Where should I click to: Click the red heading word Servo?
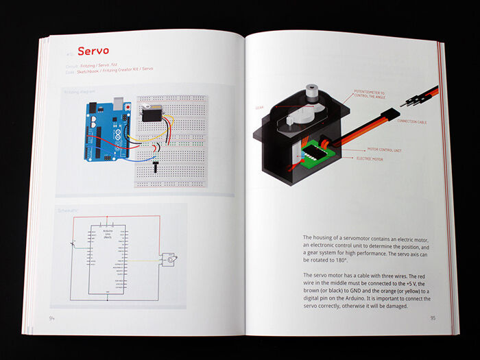(x=94, y=51)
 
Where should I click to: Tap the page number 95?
(x=433, y=317)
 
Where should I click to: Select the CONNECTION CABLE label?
(x=412, y=121)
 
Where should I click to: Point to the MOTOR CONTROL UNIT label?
(x=385, y=149)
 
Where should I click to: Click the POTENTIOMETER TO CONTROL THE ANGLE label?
(x=370, y=93)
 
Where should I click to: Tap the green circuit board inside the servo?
(x=313, y=149)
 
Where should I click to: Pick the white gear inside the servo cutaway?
(x=297, y=119)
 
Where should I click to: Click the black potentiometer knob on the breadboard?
(x=156, y=165)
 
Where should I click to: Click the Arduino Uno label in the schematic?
(x=106, y=234)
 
